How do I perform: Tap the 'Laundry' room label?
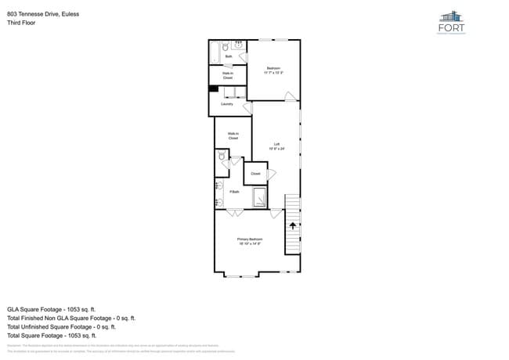[227, 103]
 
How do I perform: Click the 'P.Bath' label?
[234, 192]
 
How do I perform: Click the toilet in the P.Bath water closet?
[222, 158]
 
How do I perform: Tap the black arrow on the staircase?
[293, 225]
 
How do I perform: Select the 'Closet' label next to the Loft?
[255, 174]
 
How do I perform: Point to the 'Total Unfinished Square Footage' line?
[61, 327]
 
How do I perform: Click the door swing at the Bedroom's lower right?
[291, 97]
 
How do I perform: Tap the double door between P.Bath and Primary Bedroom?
[235, 212]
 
